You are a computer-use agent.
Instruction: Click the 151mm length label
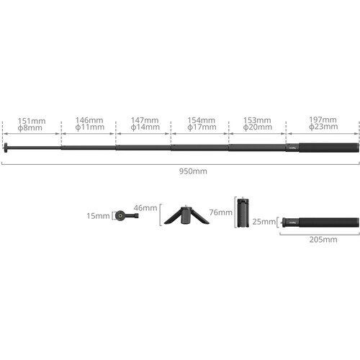(32, 121)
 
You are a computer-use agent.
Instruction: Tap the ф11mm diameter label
(90, 127)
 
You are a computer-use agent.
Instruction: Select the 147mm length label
(145, 120)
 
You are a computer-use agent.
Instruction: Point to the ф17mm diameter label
(202, 127)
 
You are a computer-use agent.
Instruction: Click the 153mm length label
(257, 120)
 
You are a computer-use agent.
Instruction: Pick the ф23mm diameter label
(323, 127)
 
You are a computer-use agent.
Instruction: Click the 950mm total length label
(193, 171)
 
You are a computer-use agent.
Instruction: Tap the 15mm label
(98, 216)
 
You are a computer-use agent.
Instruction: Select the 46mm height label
(145, 207)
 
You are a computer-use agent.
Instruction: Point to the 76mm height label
(221, 212)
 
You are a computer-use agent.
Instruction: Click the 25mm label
(264, 222)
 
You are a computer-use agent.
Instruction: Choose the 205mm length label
(323, 239)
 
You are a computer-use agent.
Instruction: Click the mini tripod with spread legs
(186, 215)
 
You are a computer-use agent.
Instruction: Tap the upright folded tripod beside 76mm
(243, 212)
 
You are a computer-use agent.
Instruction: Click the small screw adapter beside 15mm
(127, 215)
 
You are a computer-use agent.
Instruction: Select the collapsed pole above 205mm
(320, 222)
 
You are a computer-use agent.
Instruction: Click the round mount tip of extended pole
(6, 148)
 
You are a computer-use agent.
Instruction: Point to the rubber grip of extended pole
(329, 148)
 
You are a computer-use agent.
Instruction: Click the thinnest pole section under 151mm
(34, 148)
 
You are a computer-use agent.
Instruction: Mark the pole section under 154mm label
(199, 148)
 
